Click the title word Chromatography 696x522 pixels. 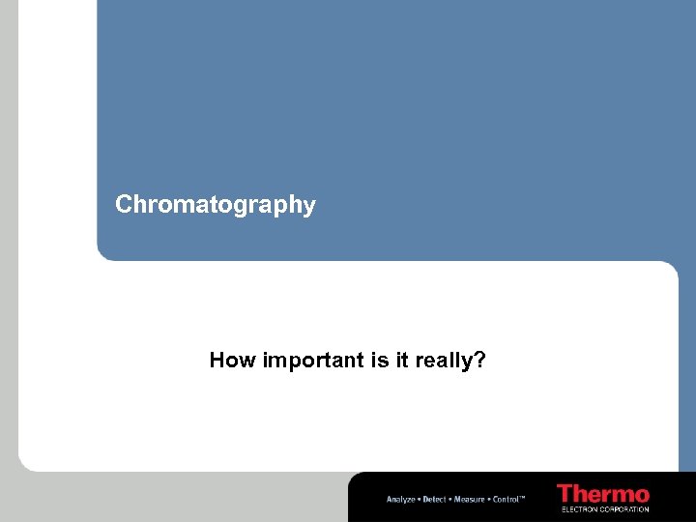pyautogui.click(x=215, y=205)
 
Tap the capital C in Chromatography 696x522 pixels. pyautogui.click(x=123, y=204)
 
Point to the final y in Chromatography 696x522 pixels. pyautogui.click(x=309, y=207)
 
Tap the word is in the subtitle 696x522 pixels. pyautogui.click(x=380, y=361)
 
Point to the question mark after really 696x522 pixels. pyautogui.click(x=480, y=361)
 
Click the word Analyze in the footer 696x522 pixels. pyautogui.click(x=400, y=499)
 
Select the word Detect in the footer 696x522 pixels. pyautogui.click(x=434, y=499)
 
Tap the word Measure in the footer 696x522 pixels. pyautogui.click(x=469, y=499)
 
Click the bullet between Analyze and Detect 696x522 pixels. pyautogui.click(x=418, y=499)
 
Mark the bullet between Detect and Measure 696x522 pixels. pyautogui.click(x=450, y=499)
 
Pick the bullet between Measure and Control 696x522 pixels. pyautogui.click(x=488, y=499)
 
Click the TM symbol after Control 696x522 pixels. pyautogui.click(x=523, y=497)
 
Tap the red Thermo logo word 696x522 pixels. pyautogui.click(x=603, y=493)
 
